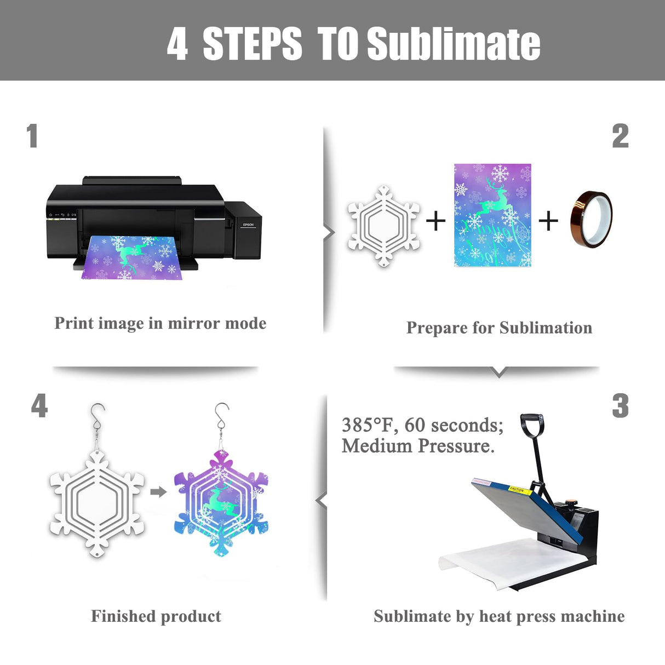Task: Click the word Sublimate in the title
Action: tap(454, 44)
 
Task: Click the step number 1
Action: tap(32, 136)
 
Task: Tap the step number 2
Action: tap(620, 136)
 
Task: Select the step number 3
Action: tap(620, 406)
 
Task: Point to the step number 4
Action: tap(39, 406)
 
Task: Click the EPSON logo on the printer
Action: tap(248, 225)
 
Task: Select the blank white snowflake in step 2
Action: tap(383, 225)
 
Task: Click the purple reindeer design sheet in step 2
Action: tap(492, 215)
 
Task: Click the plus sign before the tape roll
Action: tap(548, 221)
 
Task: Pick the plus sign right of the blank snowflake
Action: tap(435, 221)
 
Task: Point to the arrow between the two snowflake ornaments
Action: tap(158, 491)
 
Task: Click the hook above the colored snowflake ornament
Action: tap(221, 416)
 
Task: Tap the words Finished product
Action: tap(156, 616)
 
